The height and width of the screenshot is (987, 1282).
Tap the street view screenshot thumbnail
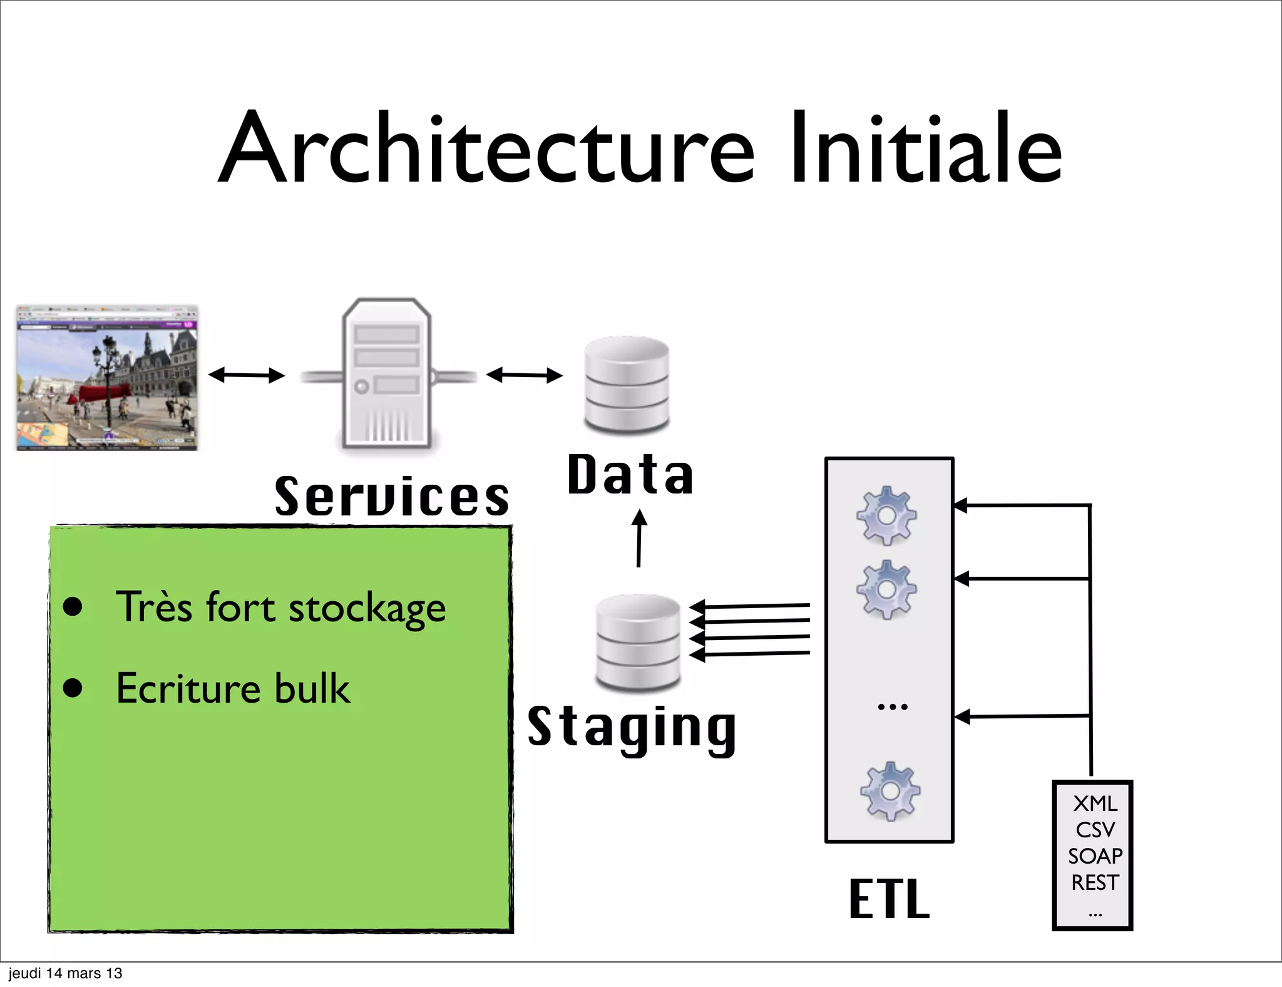tap(107, 378)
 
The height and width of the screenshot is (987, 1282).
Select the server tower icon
tap(387, 374)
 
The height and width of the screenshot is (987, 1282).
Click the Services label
tap(392, 497)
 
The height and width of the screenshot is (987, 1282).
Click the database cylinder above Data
tap(627, 385)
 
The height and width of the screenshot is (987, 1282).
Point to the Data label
tap(630, 475)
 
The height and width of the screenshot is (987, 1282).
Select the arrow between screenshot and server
tap(247, 375)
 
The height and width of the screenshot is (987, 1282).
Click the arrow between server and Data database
tap(525, 375)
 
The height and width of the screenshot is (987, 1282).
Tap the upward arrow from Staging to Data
tap(638, 539)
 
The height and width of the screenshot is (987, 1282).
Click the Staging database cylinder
tap(638, 642)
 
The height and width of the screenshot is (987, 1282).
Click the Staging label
tap(632, 728)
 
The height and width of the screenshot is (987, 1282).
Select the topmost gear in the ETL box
tap(886, 515)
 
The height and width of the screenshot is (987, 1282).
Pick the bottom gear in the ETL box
tap(890, 792)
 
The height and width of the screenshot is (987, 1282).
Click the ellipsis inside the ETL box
tap(892, 707)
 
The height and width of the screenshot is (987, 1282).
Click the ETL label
tap(889, 899)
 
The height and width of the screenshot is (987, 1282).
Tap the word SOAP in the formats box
tap(1095, 856)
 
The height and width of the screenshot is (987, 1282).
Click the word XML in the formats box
tap(1095, 804)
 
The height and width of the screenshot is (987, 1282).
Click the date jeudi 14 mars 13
tap(65, 973)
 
